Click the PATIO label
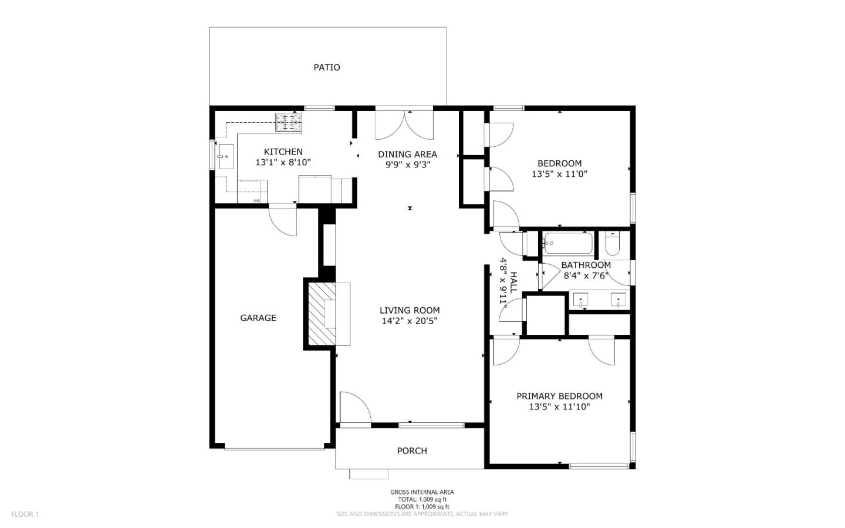click(x=326, y=68)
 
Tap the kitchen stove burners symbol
click(x=288, y=122)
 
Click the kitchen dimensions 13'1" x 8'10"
click(x=283, y=163)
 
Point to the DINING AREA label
click(x=407, y=154)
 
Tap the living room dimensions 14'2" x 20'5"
click(x=409, y=321)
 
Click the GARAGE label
click(x=258, y=318)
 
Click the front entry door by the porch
click(x=354, y=408)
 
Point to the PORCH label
click(x=412, y=450)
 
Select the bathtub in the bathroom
click(x=567, y=243)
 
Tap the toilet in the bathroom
click(x=612, y=244)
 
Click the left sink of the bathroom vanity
click(x=581, y=300)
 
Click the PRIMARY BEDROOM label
click(x=559, y=396)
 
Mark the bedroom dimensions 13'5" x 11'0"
click(x=559, y=174)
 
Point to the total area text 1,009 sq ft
click(x=422, y=499)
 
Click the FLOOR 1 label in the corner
click(x=25, y=514)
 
